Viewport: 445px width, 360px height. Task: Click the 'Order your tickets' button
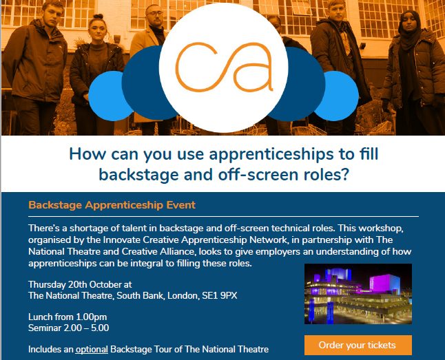pyautogui.click(x=358, y=344)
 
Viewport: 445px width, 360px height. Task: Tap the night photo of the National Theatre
pyautogui.click(x=358, y=294)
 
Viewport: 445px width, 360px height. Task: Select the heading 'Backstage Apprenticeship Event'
pyautogui.click(x=112, y=205)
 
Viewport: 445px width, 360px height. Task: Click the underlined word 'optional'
pyautogui.click(x=92, y=349)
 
